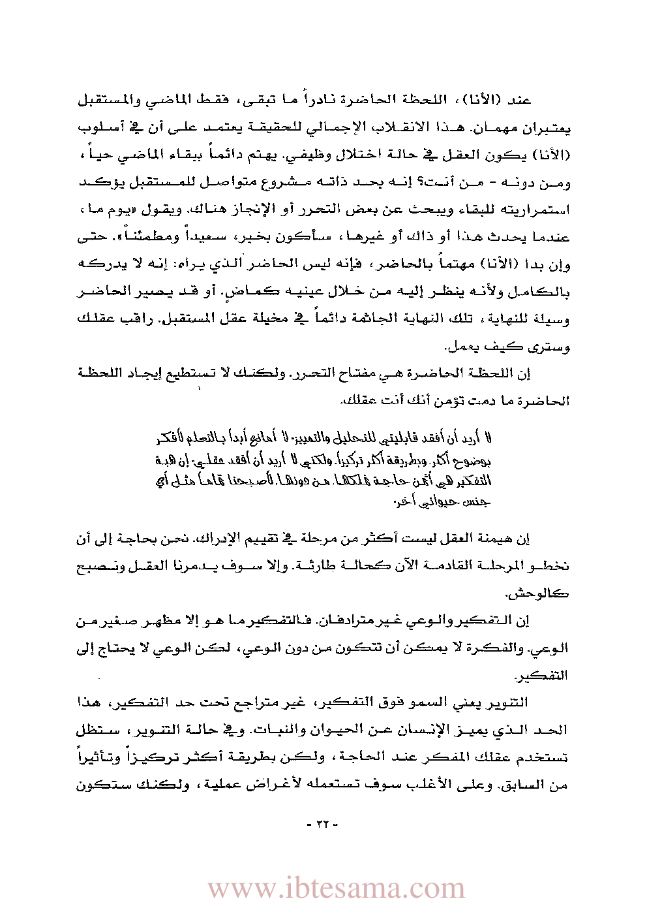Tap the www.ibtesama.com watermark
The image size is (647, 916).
[x=336, y=889]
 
